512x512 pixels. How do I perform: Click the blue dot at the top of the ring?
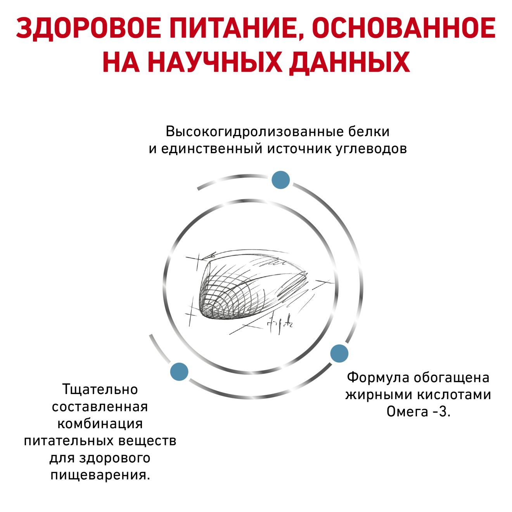point(280,180)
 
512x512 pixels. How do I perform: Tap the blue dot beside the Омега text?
point(339,353)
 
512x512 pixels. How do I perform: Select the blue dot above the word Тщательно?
point(179,372)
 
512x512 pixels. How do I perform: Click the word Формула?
point(379,378)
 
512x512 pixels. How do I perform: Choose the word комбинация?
point(100,424)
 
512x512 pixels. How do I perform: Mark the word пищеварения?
point(100,475)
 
